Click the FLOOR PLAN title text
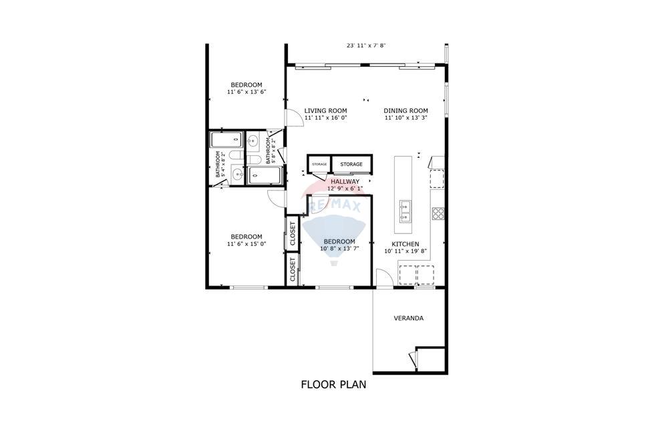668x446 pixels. pos(333,384)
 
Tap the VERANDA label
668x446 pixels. pos(408,318)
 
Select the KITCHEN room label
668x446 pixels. pos(405,244)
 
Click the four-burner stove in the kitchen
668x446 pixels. pos(438,214)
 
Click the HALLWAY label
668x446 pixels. pos(345,181)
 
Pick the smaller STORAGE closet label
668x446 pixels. pos(319,164)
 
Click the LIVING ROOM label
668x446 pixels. pos(325,110)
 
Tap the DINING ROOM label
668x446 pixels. pos(405,110)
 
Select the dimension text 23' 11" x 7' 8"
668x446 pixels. pos(366,45)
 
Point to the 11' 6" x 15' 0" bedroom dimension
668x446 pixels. pos(246,244)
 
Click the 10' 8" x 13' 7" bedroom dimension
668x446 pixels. pos(339,249)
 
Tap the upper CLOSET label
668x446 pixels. pos(293,232)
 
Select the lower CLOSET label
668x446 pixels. pos(293,269)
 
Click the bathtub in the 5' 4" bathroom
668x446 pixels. pos(227,140)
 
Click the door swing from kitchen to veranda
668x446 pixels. pos(382,278)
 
